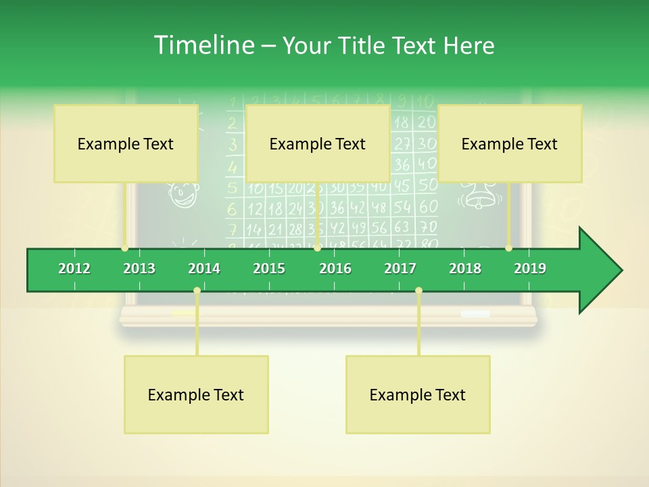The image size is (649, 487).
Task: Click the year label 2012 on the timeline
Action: coord(74,269)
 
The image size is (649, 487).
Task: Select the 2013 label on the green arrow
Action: coord(139,269)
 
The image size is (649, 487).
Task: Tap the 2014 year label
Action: coord(204,269)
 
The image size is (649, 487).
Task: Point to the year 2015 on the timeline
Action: coord(269,269)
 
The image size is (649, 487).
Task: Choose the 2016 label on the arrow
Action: coord(335,269)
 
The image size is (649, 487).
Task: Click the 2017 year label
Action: coord(400,269)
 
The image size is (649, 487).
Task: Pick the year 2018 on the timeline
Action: coord(465,269)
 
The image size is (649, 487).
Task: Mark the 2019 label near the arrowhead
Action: coord(530,269)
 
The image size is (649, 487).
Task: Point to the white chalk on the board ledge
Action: coord(475,314)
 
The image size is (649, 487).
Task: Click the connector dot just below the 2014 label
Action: coord(197,291)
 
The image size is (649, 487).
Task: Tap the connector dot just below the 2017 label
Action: coord(418,291)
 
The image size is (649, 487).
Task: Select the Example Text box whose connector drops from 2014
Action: coord(196,394)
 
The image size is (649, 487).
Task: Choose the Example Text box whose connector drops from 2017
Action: coord(418,394)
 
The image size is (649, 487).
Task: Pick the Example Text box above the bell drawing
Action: coord(510,143)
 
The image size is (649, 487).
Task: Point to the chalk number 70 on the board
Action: coord(428,226)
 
